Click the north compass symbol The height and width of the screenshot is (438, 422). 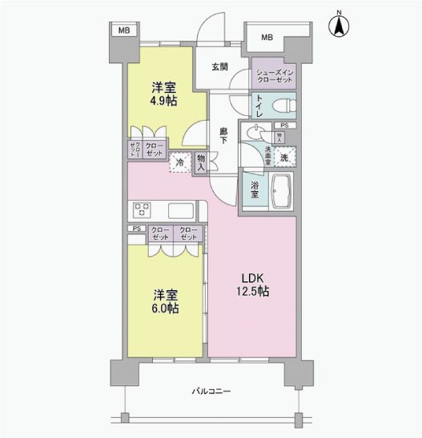coord(339,24)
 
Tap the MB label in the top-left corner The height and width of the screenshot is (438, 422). coord(123,30)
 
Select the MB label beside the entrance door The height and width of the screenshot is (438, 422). coord(266,37)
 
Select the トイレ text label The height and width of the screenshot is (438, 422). coord(259,105)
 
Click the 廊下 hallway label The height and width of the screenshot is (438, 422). coord(226,133)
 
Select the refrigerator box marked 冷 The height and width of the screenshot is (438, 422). coord(179,161)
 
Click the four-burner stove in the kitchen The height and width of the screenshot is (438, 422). coord(143,210)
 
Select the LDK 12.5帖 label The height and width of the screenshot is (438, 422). coord(251,285)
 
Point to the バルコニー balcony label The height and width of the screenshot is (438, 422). coord(211,392)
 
